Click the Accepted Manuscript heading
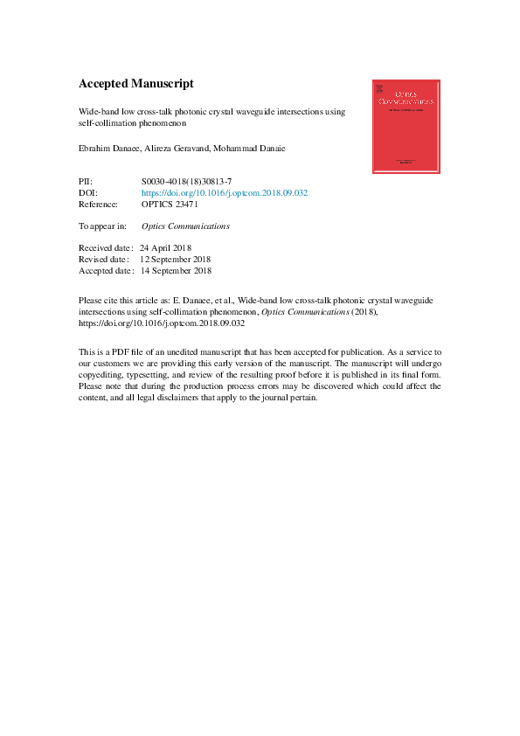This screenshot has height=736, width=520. click(x=135, y=84)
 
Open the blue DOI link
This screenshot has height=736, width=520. click(x=225, y=192)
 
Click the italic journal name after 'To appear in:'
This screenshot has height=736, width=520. click(x=185, y=226)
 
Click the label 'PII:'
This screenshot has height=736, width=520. click(x=86, y=181)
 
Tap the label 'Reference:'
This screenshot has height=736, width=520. click(x=98, y=205)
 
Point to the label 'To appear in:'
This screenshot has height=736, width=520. click(x=102, y=226)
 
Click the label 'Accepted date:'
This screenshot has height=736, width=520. click(x=107, y=271)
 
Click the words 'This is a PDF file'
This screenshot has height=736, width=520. click(x=114, y=351)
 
